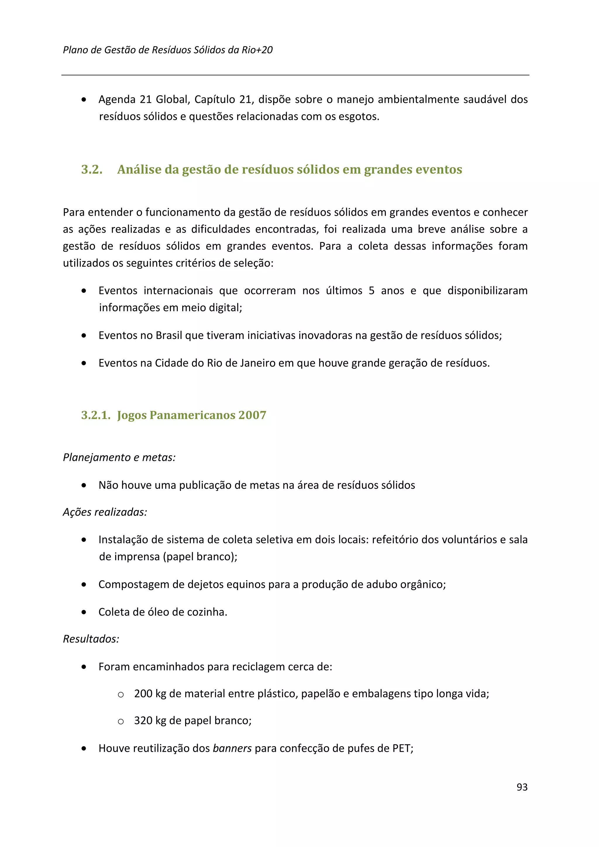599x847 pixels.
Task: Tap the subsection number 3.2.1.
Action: pos(96,415)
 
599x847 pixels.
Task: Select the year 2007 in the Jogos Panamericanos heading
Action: pos(252,415)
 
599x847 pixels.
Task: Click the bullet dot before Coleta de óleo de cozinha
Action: pos(84,612)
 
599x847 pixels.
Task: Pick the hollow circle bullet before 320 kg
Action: pos(121,722)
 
